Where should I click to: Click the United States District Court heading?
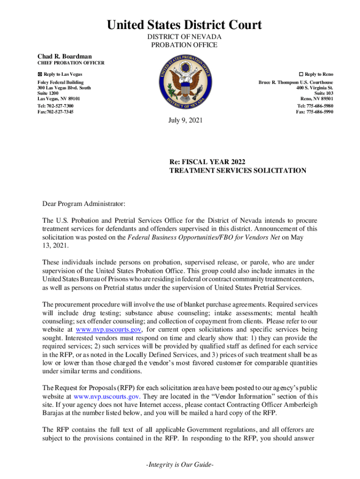tap(184, 24)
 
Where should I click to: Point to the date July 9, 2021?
tap(186, 121)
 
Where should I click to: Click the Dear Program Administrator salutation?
tap(84, 204)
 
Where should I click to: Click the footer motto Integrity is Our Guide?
tap(180, 466)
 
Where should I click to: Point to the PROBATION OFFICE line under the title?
tap(184, 45)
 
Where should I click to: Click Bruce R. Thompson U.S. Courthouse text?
tap(296, 82)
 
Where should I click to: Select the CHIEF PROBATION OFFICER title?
tap(71, 63)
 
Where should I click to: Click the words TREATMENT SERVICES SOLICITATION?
tap(238, 171)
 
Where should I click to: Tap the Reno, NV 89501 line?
tap(317, 99)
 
